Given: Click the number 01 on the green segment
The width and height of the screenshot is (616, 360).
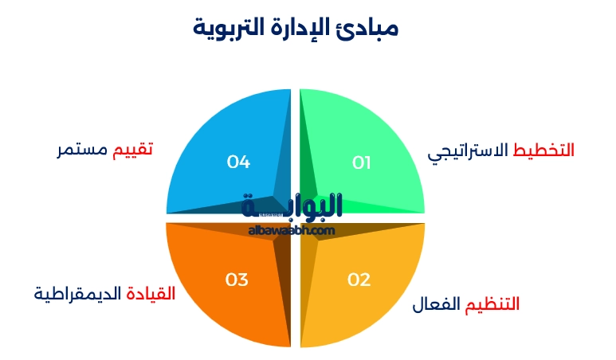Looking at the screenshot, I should point(362,162).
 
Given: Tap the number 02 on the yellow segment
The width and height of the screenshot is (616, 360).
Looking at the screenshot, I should point(359,280).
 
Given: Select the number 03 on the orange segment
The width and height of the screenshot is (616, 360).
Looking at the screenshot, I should point(237,280).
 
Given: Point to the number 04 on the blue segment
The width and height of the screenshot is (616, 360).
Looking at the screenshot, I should point(238,162).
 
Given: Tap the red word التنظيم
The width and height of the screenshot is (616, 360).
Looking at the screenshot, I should point(492,303).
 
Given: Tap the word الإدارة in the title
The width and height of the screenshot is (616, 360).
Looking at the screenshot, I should point(302,27).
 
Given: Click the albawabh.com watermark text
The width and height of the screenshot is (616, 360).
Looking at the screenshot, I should point(292,230).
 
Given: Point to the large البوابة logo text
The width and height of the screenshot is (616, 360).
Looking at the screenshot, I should point(292,206).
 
